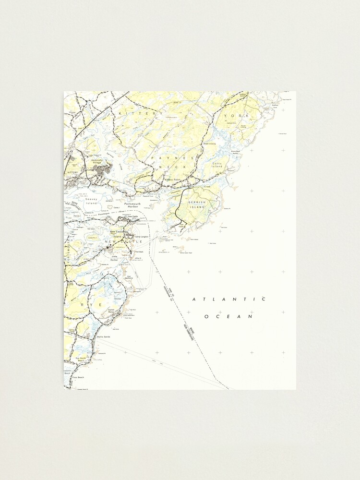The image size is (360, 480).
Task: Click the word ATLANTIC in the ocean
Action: [228, 299]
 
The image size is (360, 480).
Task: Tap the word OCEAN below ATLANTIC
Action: [228, 316]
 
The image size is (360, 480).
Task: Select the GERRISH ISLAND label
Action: [197, 204]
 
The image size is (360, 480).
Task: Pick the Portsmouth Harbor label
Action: [132, 205]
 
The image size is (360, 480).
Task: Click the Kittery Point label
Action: [172, 180]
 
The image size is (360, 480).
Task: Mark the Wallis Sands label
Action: [104, 337]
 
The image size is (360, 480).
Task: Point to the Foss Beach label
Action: [78, 377]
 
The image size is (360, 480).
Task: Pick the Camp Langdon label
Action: [142, 237]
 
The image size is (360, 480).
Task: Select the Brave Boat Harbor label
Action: [235, 152]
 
